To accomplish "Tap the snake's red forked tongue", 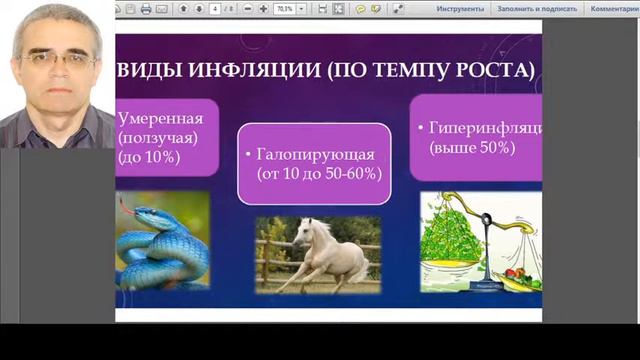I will point(124,204).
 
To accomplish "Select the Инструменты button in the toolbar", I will point(460,9).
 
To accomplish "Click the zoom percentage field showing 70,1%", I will point(284,9).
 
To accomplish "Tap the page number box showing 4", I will point(216,9).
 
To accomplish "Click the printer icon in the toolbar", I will point(146,9).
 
